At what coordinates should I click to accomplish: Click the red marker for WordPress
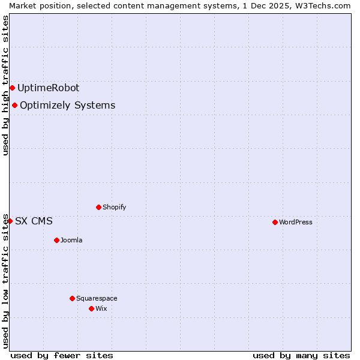[x=275, y=222]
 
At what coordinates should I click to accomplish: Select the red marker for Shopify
[x=98, y=207]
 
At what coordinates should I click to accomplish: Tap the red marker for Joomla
[x=56, y=240]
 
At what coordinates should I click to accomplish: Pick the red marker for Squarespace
[x=72, y=298]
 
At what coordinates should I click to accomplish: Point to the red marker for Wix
[x=91, y=308]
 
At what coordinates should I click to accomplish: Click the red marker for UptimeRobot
[x=12, y=88]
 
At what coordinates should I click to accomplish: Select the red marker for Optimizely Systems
[x=14, y=106]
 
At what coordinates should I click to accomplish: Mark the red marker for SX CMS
[x=10, y=221]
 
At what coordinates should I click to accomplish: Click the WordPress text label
[x=296, y=222]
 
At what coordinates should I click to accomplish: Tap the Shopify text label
[x=114, y=207]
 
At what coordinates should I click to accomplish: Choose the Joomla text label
[x=71, y=240]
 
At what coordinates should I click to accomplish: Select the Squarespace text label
[x=97, y=298]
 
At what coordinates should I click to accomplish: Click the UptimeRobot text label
[x=48, y=88]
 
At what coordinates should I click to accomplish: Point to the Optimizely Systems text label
[x=67, y=106]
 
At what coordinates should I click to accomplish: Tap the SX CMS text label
[x=34, y=221]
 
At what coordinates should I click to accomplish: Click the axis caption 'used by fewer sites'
[x=62, y=355]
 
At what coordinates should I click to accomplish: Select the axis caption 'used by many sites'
[x=301, y=355]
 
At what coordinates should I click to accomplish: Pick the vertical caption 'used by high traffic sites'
[x=5, y=85]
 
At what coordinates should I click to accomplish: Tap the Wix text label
[x=101, y=308]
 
